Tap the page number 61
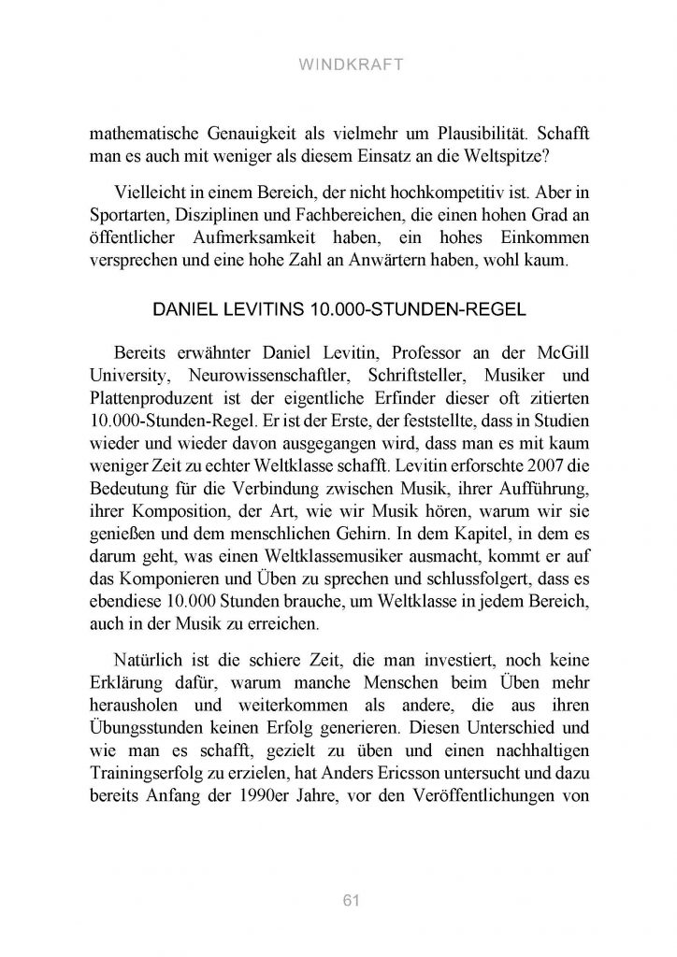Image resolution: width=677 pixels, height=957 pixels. pos(338,900)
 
